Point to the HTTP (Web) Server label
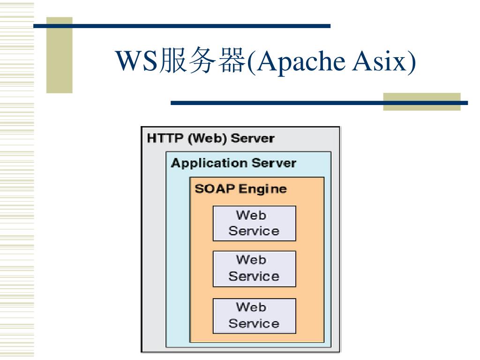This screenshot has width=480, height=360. pyautogui.click(x=210, y=139)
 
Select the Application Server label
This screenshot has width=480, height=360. pyautogui.click(x=233, y=163)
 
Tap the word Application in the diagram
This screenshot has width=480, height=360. pyautogui.click(x=209, y=163)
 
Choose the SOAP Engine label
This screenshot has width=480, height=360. pyautogui.click(x=240, y=189)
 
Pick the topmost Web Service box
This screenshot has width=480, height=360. pyautogui.click(x=254, y=223)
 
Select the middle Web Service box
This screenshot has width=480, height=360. pyautogui.click(x=254, y=269)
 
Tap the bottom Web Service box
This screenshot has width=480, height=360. pyautogui.click(x=254, y=316)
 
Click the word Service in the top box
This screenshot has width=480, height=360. pyautogui.click(x=254, y=231)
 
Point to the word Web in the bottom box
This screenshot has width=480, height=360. pyautogui.click(x=251, y=307)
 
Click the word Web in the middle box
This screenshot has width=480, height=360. pyautogui.click(x=251, y=260)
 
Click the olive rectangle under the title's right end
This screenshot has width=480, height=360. pyautogui.click(x=421, y=102)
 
